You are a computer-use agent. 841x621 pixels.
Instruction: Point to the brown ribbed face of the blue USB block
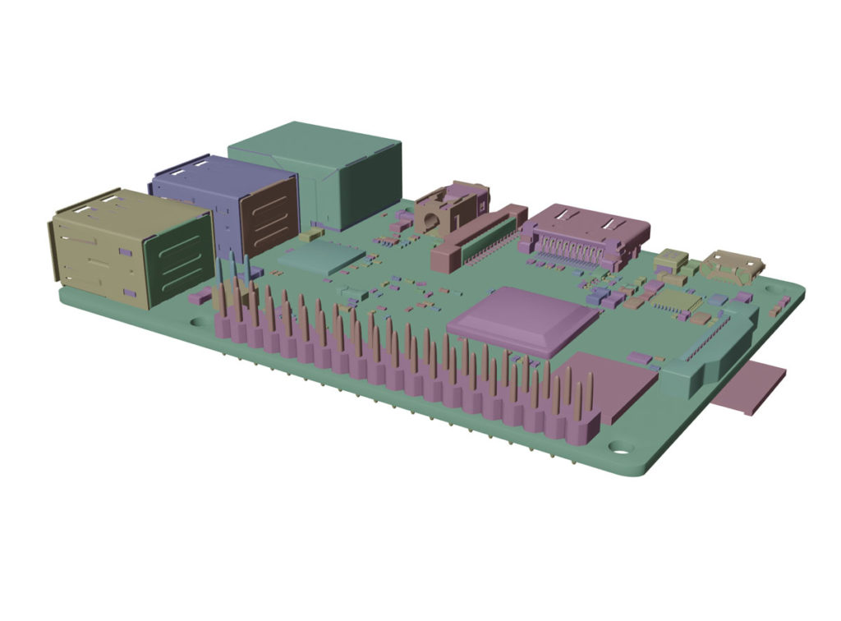267,217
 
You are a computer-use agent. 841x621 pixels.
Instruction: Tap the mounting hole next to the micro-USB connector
773,289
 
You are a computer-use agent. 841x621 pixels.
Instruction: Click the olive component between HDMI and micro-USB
671,260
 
